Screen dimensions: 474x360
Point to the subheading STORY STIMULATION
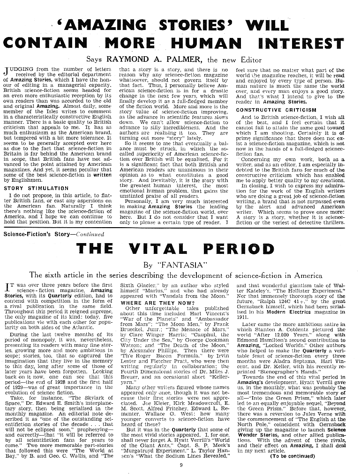coord(36,188)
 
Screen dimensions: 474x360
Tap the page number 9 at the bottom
coord(180,465)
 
